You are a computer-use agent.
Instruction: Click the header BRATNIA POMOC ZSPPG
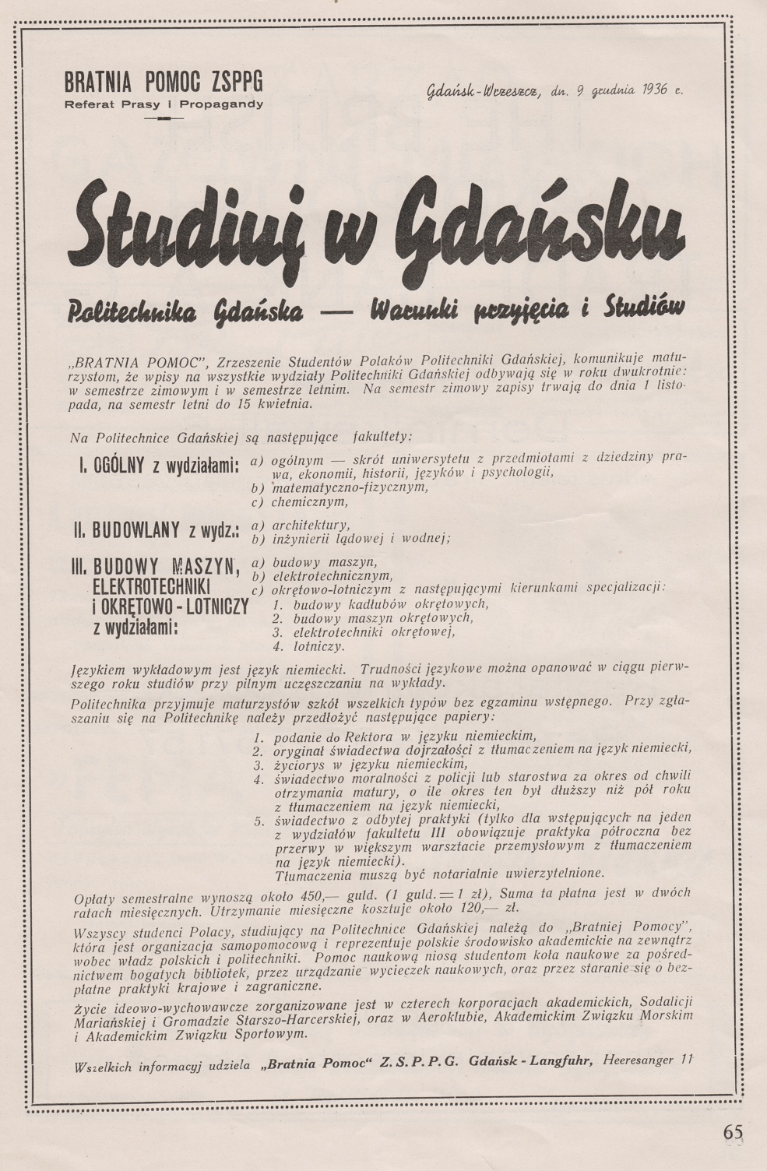click(x=164, y=82)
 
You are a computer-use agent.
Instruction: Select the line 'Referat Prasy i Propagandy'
click(x=164, y=104)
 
